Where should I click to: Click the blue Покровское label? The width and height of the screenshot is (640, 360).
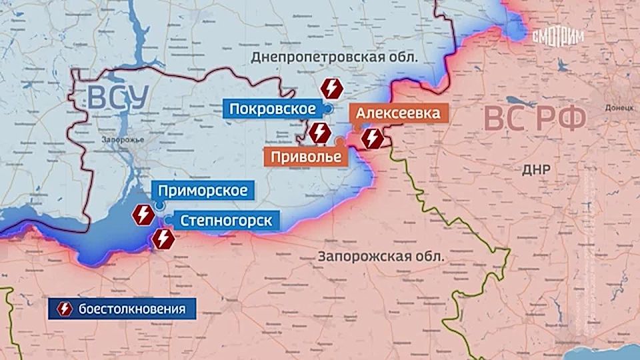coord(273,109)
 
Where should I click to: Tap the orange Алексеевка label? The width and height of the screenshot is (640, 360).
coord(397,113)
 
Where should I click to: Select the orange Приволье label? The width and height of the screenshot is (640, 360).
coord(306,157)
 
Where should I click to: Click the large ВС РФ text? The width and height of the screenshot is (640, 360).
coord(535,119)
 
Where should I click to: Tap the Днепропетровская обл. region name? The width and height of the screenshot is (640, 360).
coord(334,57)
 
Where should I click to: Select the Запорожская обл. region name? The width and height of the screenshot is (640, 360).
coord(381,255)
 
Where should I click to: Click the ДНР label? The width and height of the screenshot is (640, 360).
coord(537,169)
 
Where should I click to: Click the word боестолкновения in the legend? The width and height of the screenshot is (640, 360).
coord(128,309)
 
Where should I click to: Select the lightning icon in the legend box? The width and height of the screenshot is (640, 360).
coord(65,309)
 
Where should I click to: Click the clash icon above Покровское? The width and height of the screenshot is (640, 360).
coord(331,89)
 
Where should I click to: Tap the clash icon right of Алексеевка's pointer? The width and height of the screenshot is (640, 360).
coord(372,139)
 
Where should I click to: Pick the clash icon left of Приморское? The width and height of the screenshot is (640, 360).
coord(143,215)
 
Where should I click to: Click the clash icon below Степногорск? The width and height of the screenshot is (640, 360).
coord(164,238)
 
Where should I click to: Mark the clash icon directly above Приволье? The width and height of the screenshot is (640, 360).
coord(319,132)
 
